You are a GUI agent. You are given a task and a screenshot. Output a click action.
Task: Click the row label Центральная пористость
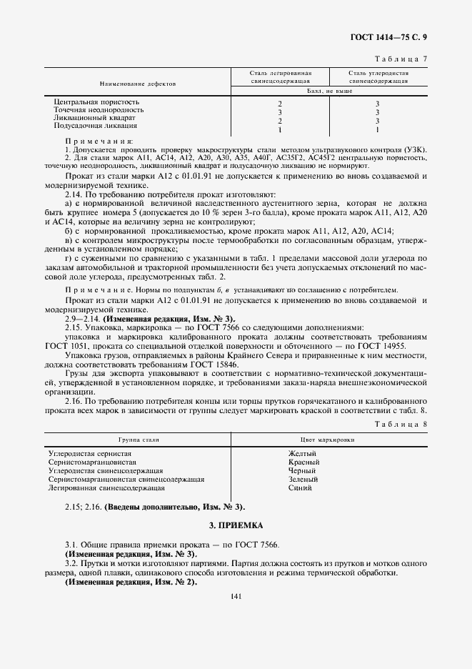click(97, 102)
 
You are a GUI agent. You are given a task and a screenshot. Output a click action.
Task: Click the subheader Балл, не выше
click(329, 92)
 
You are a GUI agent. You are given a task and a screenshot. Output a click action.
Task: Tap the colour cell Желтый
click(301, 454)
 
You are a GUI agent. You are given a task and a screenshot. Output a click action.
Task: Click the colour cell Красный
click(303, 462)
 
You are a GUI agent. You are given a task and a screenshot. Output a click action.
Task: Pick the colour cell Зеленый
click(303, 480)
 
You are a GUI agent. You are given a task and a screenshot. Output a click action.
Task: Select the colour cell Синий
click(300, 488)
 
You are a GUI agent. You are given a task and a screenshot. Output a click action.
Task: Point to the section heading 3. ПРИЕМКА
click(236, 525)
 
